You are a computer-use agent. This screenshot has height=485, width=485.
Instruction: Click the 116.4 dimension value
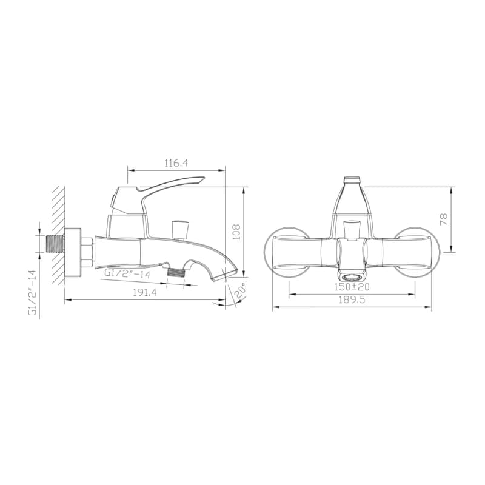176,163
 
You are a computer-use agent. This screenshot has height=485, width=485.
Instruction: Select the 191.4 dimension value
145,292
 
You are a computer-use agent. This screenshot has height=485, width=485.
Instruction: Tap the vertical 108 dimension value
236,232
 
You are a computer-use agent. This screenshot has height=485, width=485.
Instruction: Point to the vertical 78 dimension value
444,219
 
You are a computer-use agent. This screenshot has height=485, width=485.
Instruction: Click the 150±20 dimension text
352,287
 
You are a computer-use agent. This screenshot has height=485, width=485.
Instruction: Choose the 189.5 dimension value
352,299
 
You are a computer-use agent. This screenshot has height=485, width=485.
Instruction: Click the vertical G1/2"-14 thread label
33,293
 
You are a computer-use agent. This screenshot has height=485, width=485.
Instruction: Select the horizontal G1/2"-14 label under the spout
127,273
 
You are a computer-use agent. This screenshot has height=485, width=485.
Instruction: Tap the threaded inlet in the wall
55,244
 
